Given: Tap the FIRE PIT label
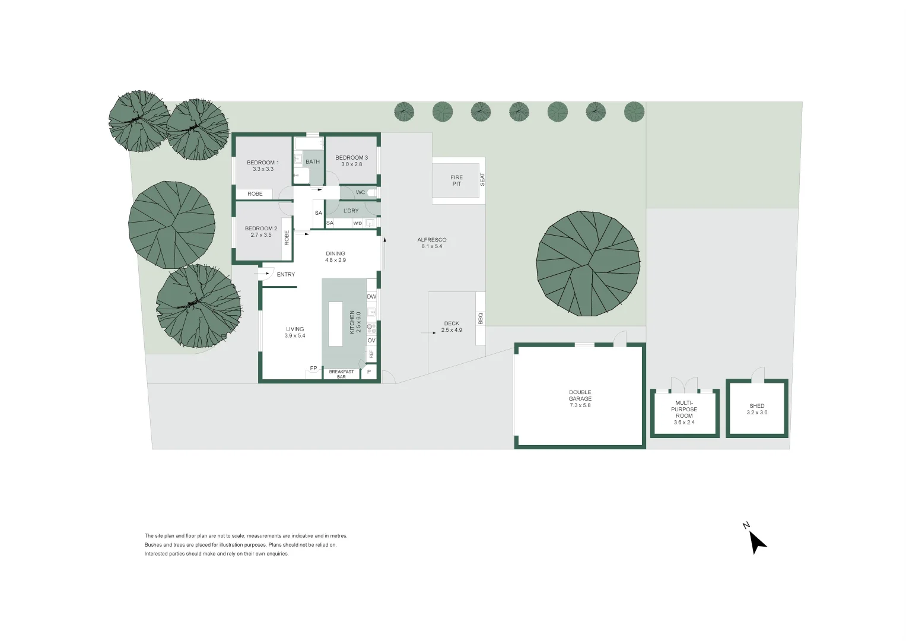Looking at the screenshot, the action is point(457,180).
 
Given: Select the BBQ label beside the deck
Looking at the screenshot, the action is point(481,319).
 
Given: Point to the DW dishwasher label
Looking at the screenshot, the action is point(371,297).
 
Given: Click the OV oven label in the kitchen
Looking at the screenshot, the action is point(371,341).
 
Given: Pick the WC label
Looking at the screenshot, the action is point(360,193).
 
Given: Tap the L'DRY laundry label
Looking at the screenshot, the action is point(351,211).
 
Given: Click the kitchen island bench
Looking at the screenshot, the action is point(335,324).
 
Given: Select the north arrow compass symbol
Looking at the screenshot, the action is point(755,540).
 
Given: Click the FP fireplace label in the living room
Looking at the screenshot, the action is point(313,368).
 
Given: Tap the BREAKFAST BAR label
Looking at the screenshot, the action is point(341,375).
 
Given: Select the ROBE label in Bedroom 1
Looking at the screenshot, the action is point(255,194).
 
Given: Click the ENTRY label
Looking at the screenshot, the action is point(285,274).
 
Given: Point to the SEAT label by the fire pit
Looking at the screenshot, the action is point(482,180).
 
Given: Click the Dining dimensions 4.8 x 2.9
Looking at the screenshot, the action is point(335,260).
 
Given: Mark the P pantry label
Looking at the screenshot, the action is point(369,372).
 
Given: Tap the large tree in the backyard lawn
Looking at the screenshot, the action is point(588,264).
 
